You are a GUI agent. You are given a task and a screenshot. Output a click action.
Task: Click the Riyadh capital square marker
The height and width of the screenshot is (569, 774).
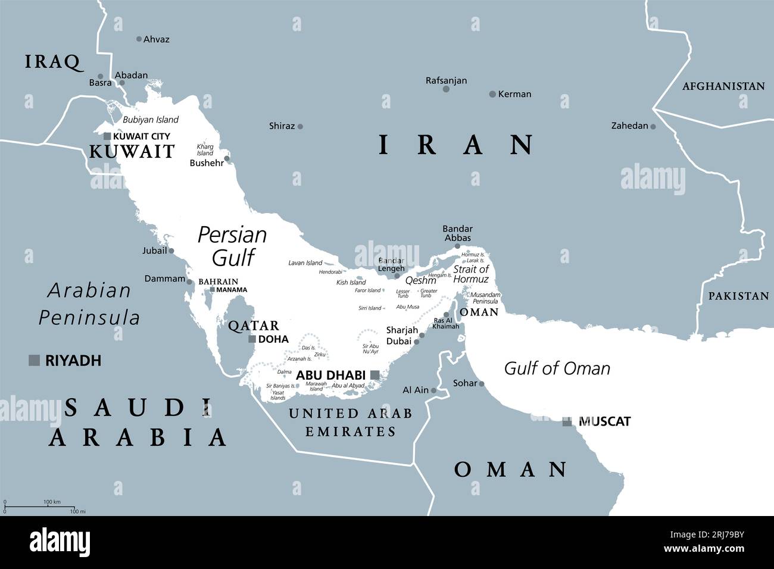(x=35, y=360)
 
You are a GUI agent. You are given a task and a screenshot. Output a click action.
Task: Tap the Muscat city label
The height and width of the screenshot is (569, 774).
(x=604, y=421)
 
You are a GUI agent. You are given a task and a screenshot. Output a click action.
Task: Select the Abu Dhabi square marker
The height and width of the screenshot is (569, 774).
(x=375, y=374)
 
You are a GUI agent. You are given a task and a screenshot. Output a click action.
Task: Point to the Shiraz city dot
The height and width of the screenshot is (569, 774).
(x=300, y=126)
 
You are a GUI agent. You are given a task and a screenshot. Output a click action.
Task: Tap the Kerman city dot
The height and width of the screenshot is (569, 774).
(x=492, y=94)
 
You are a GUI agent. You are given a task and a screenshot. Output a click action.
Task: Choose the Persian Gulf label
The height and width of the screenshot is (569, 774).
(x=232, y=245)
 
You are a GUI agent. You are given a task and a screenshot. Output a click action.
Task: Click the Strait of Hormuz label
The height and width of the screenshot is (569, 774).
(x=470, y=274)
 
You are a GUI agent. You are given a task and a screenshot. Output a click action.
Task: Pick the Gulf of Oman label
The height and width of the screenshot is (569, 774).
(x=557, y=368)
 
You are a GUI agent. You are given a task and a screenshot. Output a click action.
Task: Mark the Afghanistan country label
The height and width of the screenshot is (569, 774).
(x=723, y=86)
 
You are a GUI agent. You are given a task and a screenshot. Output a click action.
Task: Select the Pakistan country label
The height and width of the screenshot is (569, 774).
(x=738, y=296)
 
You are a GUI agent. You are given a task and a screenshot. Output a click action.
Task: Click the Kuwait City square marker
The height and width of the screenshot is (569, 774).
(x=107, y=136)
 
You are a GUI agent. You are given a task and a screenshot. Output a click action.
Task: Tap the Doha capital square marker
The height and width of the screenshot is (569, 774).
(x=252, y=339)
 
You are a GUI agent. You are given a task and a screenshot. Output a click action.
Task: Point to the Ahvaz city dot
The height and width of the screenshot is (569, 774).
(x=139, y=39)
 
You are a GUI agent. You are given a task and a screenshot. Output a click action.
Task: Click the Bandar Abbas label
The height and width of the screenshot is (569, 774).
(x=457, y=233)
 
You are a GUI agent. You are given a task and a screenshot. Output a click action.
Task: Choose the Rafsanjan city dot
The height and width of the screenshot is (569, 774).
(x=446, y=89)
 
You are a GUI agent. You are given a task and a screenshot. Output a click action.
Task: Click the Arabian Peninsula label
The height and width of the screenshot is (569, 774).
(x=89, y=304)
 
